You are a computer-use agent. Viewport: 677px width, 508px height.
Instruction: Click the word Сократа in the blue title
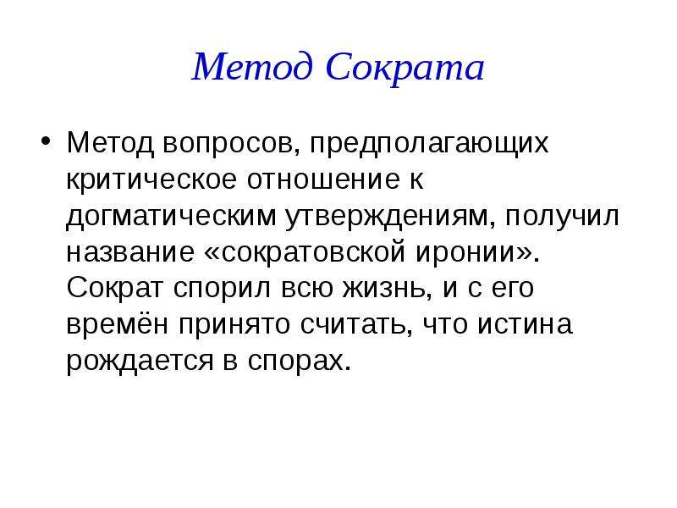click(405, 67)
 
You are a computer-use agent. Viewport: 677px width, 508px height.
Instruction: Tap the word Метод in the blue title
click(252, 67)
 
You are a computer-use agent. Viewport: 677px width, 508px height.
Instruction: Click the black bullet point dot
click(46, 141)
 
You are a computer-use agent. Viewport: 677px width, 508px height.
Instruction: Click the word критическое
click(151, 179)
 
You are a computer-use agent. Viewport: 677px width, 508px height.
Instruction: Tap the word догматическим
click(172, 216)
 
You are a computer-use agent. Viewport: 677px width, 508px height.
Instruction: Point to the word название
click(130, 252)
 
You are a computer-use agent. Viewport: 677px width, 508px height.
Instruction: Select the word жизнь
click(386, 289)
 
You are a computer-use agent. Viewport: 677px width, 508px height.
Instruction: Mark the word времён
click(117, 325)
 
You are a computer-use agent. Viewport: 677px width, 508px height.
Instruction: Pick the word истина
click(525, 325)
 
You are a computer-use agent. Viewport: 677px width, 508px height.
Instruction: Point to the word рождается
click(140, 362)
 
